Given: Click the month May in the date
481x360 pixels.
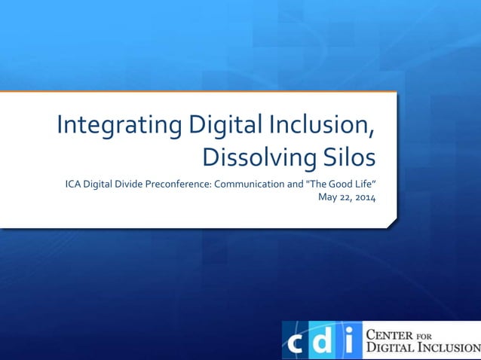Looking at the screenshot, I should click(327, 198).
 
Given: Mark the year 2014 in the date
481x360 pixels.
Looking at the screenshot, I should click(365, 198).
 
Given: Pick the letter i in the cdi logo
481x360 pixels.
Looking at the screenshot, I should click(348, 341).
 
